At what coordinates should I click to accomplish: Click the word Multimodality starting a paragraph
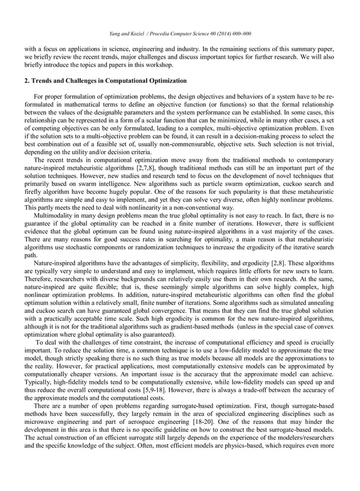[54, 216]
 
